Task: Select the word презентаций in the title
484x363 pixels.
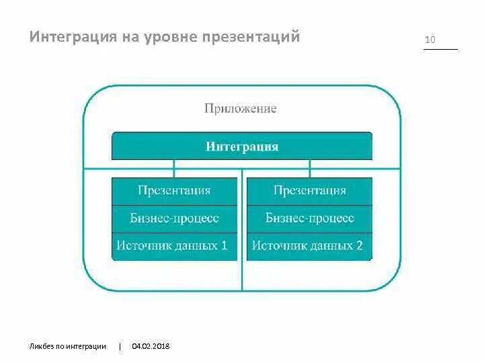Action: pos(249,36)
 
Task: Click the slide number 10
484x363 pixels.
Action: pos(430,40)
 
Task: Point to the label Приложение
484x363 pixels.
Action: pos(241,108)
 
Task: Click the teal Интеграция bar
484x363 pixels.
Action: pos(241,146)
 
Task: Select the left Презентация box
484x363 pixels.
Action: pos(174,191)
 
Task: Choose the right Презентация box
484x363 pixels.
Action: pos(309,191)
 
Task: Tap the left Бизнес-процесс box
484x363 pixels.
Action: pos(174,218)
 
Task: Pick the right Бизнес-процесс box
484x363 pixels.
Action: pos(309,218)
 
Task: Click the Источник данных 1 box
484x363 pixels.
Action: pos(174,246)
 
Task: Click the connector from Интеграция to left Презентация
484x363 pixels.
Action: pos(174,168)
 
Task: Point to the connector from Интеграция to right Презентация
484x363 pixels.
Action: pos(310,168)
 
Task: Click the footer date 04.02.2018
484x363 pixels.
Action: pos(151,346)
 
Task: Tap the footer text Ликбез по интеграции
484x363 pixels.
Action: pos(68,346)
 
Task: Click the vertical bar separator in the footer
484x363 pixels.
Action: pos(120,346)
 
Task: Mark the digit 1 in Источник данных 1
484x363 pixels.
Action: pos(225,246)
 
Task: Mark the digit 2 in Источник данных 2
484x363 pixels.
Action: pos(360,246)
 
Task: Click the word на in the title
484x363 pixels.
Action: pos(127,36)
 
